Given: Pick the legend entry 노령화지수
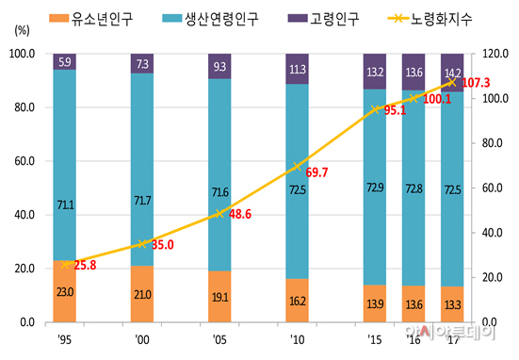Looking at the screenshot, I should pyautogui.click(x=432, y=18).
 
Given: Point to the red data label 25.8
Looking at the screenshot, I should pyautogui.click(x=84, y=266).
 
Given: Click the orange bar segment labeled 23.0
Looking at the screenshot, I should pyautogui.click(x=65, y=291).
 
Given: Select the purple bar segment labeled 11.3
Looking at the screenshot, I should pyautogui.click(x=298, y=69).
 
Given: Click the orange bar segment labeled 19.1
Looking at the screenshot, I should pyautogui.click(x=219, y=297).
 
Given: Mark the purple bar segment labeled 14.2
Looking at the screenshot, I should pyautogui.click(x=452, y=73).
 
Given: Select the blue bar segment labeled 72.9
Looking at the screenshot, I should pyautogui.click(x=375, y=187).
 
